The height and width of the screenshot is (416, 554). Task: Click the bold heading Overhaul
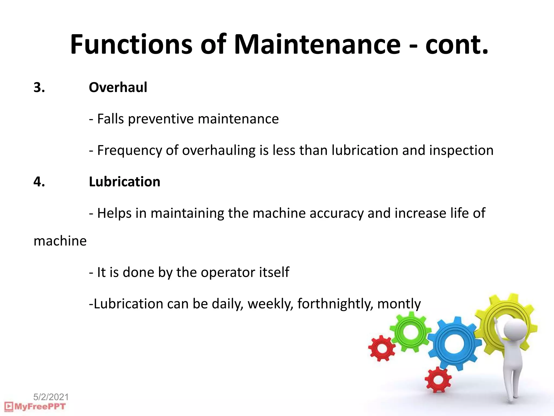click(118, 87)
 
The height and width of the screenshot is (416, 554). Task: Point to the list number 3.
click(39, 87)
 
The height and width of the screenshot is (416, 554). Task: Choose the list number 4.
click(39, 182)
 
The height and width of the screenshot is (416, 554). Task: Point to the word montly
click(399, 304)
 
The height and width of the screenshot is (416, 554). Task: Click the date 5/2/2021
click(51, 397)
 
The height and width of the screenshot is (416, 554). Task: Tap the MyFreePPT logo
click(35, 407)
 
